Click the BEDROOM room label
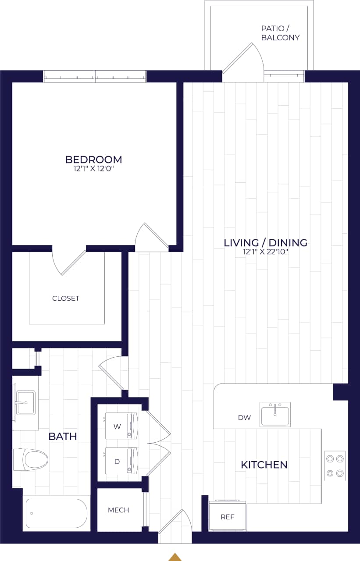point(93,160)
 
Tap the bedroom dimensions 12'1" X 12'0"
point(93,168)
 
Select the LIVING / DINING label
point(265,242)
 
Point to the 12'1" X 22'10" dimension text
point(265,252)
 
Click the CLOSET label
point(66,298)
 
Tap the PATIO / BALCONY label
point(280,33)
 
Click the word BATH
point(63,437)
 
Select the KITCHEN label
point(264,465)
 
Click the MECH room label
point(118,510)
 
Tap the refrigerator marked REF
point(227,516)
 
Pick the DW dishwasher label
point(244,418)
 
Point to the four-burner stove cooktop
point(335,465)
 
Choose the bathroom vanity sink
point(25,402)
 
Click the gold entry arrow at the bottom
point(175,557)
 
